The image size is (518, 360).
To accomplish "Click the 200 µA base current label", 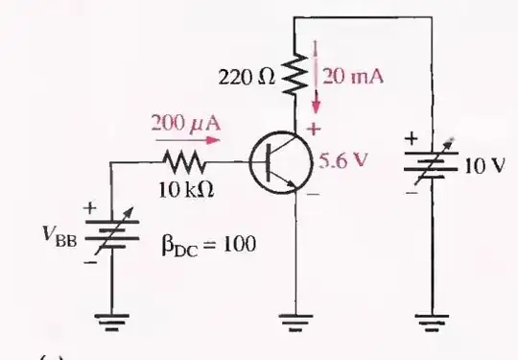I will point(178,124).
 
